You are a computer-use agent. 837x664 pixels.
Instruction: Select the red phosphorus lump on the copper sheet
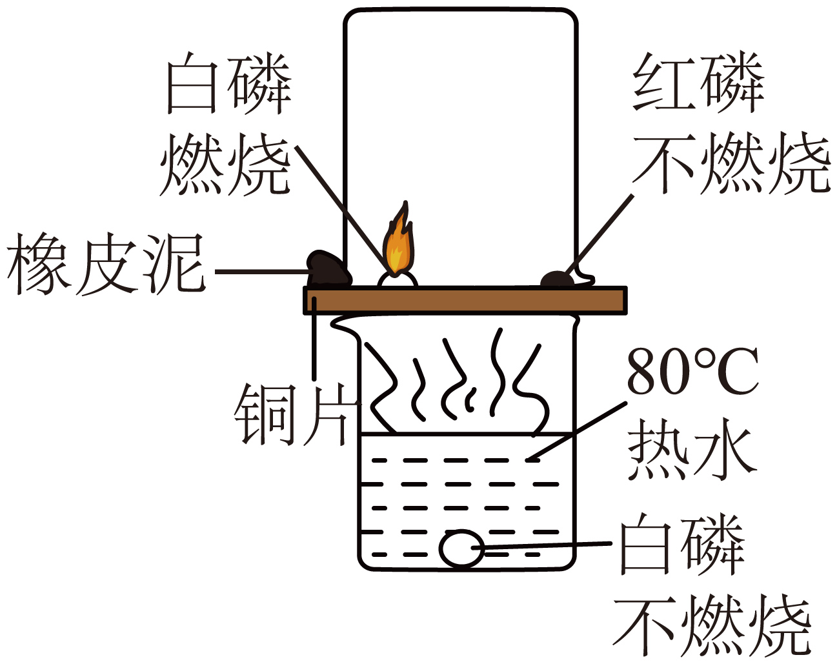click(558, 279)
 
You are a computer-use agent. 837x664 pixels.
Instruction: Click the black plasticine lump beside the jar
click(328, 269)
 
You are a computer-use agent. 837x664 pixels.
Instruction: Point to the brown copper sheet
click(465, 300)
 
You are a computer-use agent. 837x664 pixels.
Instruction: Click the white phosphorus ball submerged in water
click(461, 549)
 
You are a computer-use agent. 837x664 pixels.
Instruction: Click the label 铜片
click(290, 415)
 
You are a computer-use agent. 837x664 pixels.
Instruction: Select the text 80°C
click(692, 372)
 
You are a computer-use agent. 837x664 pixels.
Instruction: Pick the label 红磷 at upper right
click(698, 83)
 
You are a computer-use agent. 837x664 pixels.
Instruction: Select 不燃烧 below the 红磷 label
click(731, 163)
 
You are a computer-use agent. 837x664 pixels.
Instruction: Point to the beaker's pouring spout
click(344, 325)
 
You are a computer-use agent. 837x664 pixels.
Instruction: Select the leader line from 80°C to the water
click(576, 432)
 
